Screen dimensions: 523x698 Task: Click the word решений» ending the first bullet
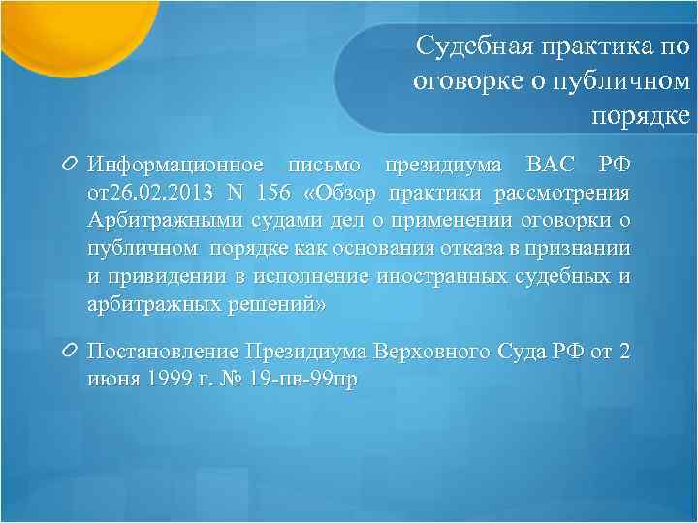[x=283, y=305]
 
